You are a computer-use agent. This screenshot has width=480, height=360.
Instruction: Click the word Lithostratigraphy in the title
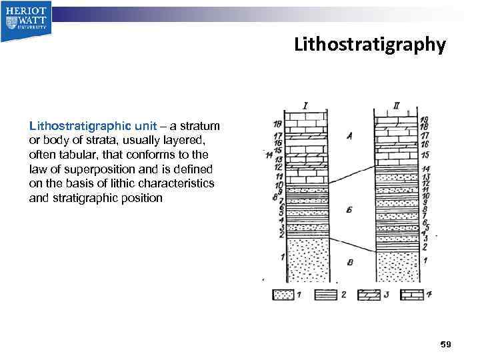[369, 45]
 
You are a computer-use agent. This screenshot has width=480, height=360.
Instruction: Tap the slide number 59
[446, 344]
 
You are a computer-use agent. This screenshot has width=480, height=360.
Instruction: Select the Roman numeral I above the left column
[305, 105]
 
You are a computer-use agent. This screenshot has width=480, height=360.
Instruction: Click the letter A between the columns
[349, 136]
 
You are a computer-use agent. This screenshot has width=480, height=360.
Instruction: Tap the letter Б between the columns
[349, 211]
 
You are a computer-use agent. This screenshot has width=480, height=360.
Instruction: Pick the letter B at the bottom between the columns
[349, 262]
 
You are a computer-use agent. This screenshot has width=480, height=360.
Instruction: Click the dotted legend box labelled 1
[283, 295]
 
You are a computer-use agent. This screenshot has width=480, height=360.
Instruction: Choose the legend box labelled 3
[371, 295]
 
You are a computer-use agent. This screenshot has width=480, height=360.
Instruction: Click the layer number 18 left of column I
[277, 124]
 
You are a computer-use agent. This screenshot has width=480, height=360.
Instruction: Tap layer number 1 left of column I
[283, 257]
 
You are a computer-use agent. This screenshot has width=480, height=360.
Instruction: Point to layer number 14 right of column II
[425, 169]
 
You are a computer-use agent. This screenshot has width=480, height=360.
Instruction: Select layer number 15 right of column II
[425, 155]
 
